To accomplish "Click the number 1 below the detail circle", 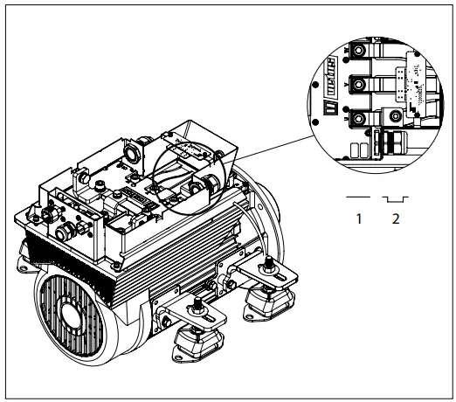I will (x=358, y=219).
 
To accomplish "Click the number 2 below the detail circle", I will (x=396, y=219).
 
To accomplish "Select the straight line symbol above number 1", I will (x=358, y=198).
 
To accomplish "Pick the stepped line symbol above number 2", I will (x=395, y=199).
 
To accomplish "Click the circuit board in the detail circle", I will (x=411, y=87).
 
